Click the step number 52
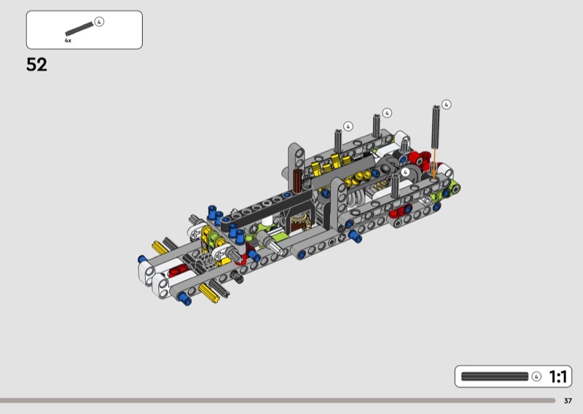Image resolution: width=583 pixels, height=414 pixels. [x=36, y=65]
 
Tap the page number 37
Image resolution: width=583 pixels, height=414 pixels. [x=568, y=401]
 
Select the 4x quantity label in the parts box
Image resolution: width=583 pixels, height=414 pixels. [x=68, y=41]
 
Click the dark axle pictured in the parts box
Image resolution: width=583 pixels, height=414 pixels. [x=79, y=28]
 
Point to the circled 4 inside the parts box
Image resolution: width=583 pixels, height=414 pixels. [x=99, y=22]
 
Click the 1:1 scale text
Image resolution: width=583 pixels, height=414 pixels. [x=557, y=377]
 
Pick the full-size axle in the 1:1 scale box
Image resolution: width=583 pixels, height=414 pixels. [x=495, y=376]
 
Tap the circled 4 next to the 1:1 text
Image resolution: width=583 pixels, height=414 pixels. [x=536, y=376]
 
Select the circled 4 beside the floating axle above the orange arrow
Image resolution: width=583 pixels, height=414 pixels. [x=446, y=104]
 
